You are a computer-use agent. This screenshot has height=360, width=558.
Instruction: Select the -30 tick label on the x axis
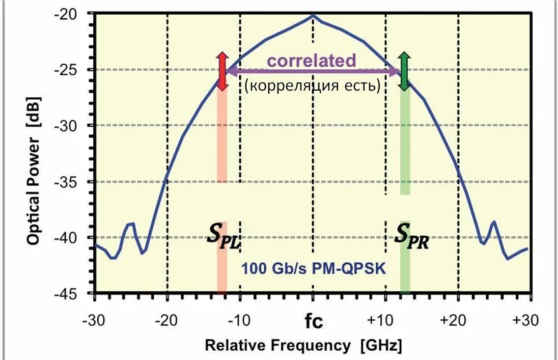pyautogui.click(x=94, y=321)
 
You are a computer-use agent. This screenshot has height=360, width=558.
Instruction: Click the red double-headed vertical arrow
pyautogui.click(x=221, y=71)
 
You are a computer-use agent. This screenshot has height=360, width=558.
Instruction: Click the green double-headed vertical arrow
pyautogui.click(x=404, y=71)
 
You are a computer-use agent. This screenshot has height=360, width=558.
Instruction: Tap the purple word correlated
pyautogui.click(x=312, y=61)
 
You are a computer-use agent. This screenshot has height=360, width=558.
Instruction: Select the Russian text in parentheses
pyautogui.click(x=313, y=85)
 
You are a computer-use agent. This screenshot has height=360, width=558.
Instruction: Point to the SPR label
pyautogui.click(x=411, y=237)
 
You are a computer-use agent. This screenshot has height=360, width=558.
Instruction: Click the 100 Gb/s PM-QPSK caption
pyautogui.click(x=314, y=267)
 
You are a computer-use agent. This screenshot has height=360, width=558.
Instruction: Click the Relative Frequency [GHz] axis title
pyautogui.click(x=303, y=345)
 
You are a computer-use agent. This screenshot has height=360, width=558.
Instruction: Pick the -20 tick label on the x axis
pyautogui.click(x=167, y=321)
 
